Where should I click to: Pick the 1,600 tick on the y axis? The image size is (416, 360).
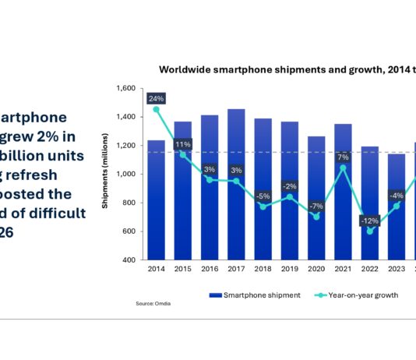click(125, 88)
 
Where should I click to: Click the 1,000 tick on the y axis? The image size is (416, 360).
click(125, 175)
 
